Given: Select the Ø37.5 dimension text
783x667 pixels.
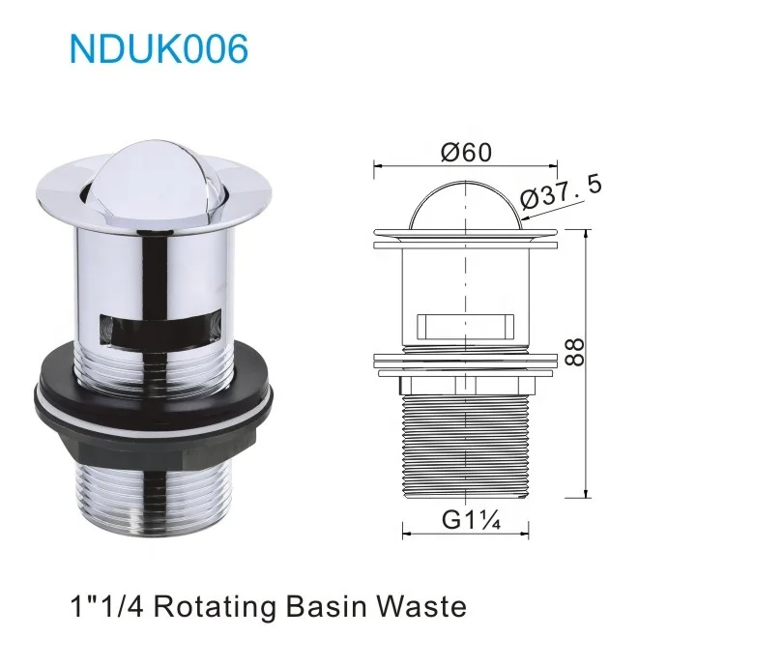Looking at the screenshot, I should click(561, 189).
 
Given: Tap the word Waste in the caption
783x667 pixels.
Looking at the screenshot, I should click(420, 607).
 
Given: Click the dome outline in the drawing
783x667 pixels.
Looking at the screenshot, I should click(465, 203).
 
